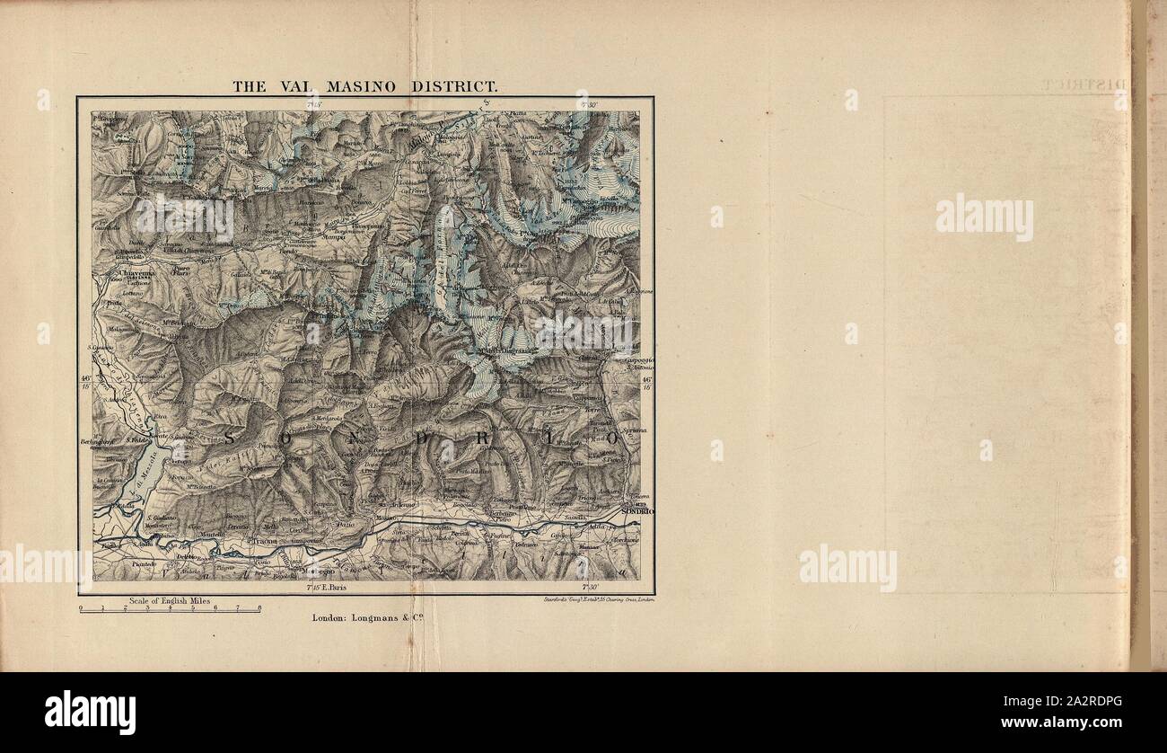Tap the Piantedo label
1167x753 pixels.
point(145,563)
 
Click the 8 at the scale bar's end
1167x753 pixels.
point(259,608)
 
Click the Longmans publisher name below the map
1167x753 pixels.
point(382,617)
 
